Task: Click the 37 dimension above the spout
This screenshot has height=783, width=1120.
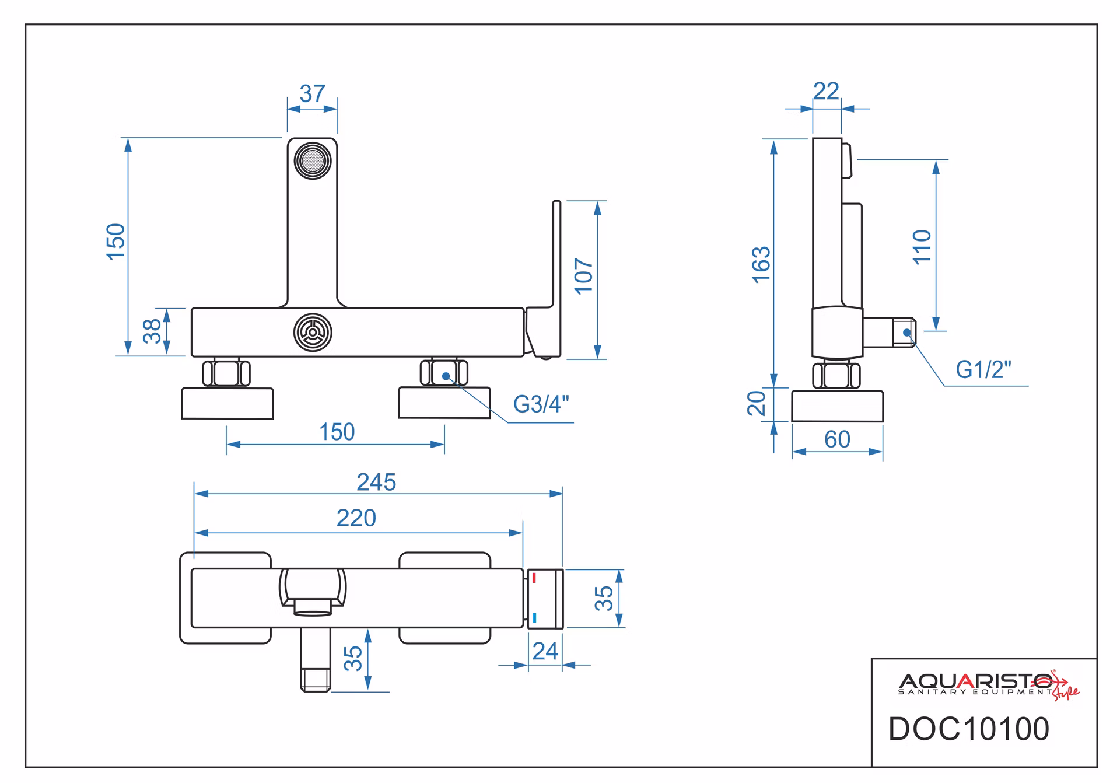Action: point(312,93)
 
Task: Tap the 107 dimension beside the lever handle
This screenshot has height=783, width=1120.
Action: point(584,276)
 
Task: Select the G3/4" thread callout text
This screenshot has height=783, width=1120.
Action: point(541,404)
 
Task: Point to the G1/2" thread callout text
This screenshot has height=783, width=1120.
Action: point(984,369)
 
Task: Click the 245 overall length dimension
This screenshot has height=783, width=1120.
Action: point(376,483)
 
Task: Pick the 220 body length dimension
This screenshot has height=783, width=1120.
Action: point(356,518)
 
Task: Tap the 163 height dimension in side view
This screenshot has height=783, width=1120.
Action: point(762,265)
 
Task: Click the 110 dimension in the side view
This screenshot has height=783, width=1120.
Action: point(922,247)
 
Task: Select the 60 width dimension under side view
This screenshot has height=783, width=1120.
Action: point(837,439)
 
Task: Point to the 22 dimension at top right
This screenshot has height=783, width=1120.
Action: point(826,91)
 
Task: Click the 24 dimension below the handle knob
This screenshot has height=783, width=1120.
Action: point(545,651)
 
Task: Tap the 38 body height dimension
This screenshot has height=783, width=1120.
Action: point(152,331)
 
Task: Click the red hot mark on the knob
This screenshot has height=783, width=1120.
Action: point(534,579)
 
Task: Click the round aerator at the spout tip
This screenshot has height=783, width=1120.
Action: point(313,160)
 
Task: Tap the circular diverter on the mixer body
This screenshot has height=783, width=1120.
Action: point(313,332)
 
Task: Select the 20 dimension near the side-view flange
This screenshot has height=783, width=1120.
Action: point(757,403)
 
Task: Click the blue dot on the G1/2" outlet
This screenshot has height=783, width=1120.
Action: point(907,333)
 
